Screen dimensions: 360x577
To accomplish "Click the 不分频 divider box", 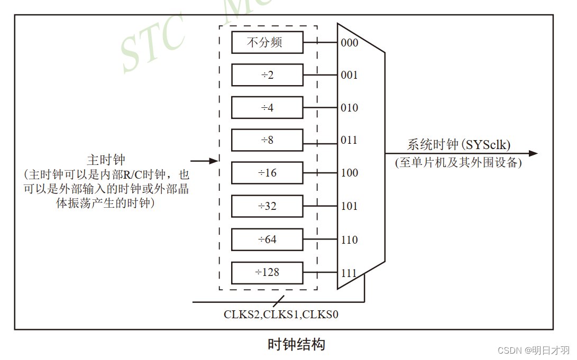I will pyautogui.click(x=267, y=42).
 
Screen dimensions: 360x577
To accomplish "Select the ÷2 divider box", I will pyautogui.click(x=267, y=75).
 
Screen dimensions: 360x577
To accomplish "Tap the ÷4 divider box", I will pyautogui.click(x=267, y=108).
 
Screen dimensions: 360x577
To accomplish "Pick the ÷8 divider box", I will pyautogui.click(x=267, y=140).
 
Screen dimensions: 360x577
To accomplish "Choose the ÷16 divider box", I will pyautogui.click(x=267, y=173).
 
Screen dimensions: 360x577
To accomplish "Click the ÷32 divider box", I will pyautogui.click(x=267, y=206).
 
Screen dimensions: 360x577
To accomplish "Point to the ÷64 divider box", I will pyautogui.click(x=267, y=239).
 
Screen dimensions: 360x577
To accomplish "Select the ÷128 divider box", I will pyautogui.click(x=267, y=272).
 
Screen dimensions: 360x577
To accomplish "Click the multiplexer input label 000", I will pyautogui.click(x=349, y=43).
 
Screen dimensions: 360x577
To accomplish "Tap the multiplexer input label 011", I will pyautogui.click(x=349, y=140).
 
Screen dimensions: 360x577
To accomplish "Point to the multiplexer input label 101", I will pyautogui.click(x=349, y=206).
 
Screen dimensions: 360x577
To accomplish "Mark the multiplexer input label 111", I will pyautogui.click(x=349, y=273).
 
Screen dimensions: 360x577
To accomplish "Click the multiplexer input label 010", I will pyautogui.click(x=349, y=108).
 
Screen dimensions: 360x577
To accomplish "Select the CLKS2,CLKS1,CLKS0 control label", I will pyautogui.click(x=281, y=315).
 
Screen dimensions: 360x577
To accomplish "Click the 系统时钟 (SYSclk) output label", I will pyautogui.click(x=459, y=145).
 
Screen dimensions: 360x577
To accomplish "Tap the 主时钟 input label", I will pyautogui.click(x=106, y=160).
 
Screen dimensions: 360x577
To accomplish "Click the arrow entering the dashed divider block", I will pyautogui.click(x=204, y=161).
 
